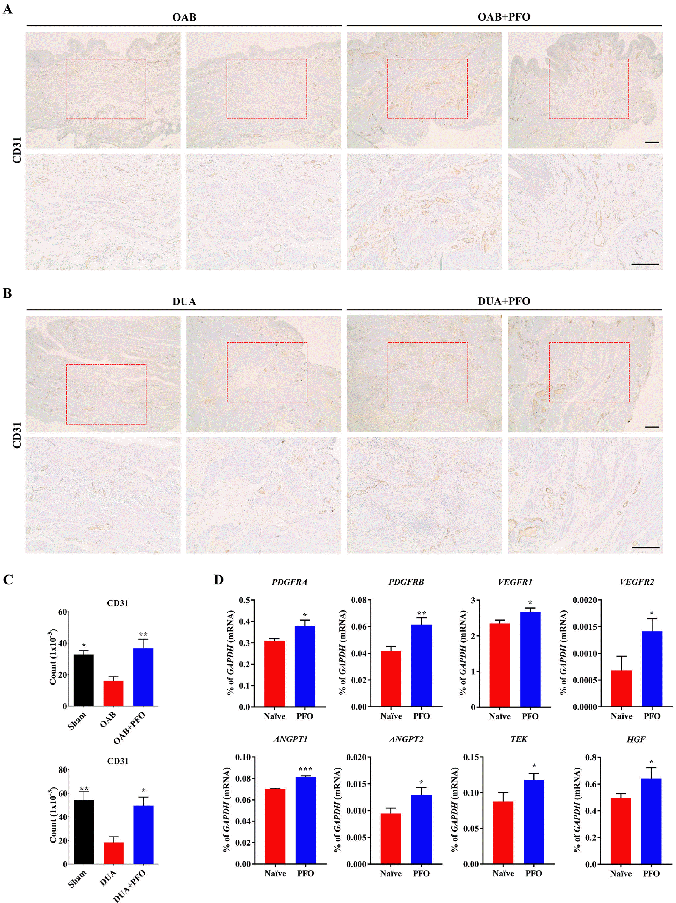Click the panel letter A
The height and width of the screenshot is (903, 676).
pyautogui.click(x=7, y=9)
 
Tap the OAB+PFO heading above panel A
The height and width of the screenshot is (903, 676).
pyautogui.click(x=504, y=17)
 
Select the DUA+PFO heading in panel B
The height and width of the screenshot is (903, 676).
pyautogui.click(x=504, y=301)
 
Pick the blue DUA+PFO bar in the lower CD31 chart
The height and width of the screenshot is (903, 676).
pyautogui.click(x=144, y=834)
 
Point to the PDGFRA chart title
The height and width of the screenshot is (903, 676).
pyautogui.click(x=290, y=582)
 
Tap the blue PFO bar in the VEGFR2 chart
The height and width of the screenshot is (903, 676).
pyautogui.click(x=652, y=669)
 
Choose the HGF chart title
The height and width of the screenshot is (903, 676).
pyautogui.click(x=636, y=739)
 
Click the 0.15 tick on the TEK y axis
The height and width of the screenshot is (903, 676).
pyautogui.click(x=471, y=758)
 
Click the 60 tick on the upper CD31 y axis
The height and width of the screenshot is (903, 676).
pyautogui.click(x=62, y=612)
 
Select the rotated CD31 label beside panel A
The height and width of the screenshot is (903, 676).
pyautogui.click(x=17, y=151)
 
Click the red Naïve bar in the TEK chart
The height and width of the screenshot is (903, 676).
pyautogui.click(x=503, y=833)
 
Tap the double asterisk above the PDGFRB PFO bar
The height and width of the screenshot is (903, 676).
pyautogui.click(x=422, y=613)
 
